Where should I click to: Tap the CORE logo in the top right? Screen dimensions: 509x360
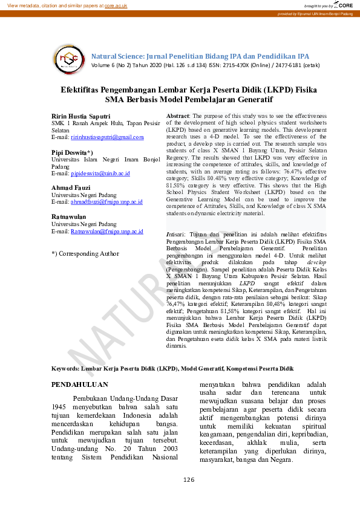343,5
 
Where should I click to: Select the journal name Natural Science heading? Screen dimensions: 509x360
200,56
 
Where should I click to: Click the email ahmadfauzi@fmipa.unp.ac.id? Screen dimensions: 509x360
106,202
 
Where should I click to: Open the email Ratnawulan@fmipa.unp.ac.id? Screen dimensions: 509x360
106,231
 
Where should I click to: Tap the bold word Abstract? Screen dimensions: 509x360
177,115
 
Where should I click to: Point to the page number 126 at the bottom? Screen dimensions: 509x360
189,479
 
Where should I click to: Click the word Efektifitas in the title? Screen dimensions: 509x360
84,89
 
